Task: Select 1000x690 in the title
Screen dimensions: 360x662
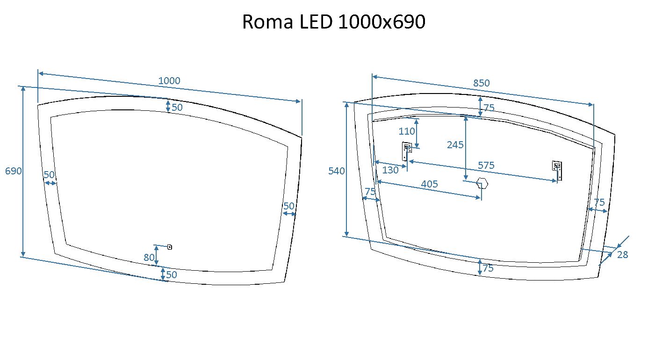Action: tap(381, 22)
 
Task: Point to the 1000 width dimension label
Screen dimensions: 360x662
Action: tap(169, 80)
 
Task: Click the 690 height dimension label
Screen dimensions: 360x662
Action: tap(14, 171)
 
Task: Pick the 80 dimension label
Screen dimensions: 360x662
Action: tap(149, 257)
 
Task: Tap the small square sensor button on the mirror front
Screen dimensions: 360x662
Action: tap(170, 247)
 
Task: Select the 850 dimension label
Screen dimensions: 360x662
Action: tap(481, 83)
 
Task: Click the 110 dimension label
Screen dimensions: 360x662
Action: tap(407, 131)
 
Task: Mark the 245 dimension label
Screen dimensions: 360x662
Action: tap(455, 145)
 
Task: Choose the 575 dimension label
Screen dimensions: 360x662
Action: tap(486, 165)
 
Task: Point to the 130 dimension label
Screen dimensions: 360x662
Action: tap(390, 170)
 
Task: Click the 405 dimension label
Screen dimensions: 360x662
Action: tap(429, 184)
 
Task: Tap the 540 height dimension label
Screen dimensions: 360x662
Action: tap(337, 171)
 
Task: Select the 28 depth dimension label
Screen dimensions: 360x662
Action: tap(622, 255)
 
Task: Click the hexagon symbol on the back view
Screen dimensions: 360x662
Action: tap(482, 183)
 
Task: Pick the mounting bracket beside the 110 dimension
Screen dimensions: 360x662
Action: tap(407, 151)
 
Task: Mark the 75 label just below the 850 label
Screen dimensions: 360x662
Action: tap(489, 108)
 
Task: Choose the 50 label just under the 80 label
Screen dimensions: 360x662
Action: tap(172, 275)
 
